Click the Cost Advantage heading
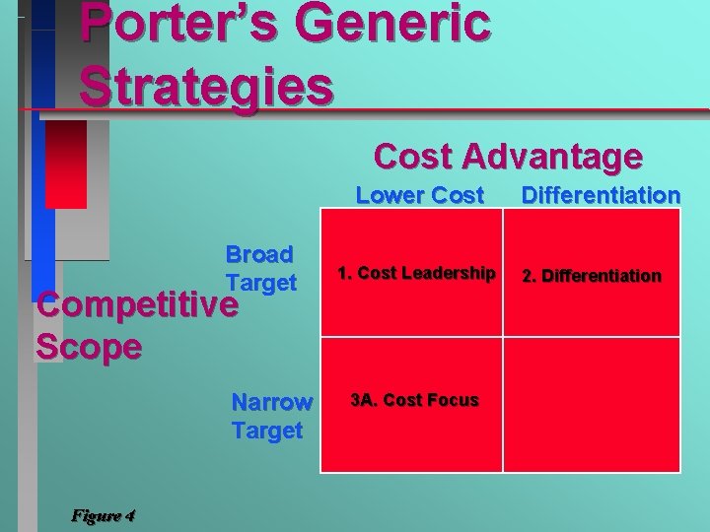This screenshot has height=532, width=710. click(508, 156)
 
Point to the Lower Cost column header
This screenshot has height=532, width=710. click(419, 195)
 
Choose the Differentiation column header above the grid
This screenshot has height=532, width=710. click(601, 195)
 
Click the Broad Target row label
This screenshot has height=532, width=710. click(260, 268)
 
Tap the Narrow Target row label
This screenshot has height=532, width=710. click(271, 416)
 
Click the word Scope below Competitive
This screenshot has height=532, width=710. click(89, 347)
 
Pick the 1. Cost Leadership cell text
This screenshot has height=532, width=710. click(416, 273)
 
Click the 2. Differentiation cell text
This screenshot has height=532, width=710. click(592, 275)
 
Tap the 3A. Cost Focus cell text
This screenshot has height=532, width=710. click(414, 400)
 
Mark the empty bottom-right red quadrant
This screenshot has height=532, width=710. click(592, 404)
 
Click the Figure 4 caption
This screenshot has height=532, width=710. click(104, 515)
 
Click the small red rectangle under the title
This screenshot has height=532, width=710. click(66, 165)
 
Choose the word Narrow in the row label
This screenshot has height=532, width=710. click(271, 402)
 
